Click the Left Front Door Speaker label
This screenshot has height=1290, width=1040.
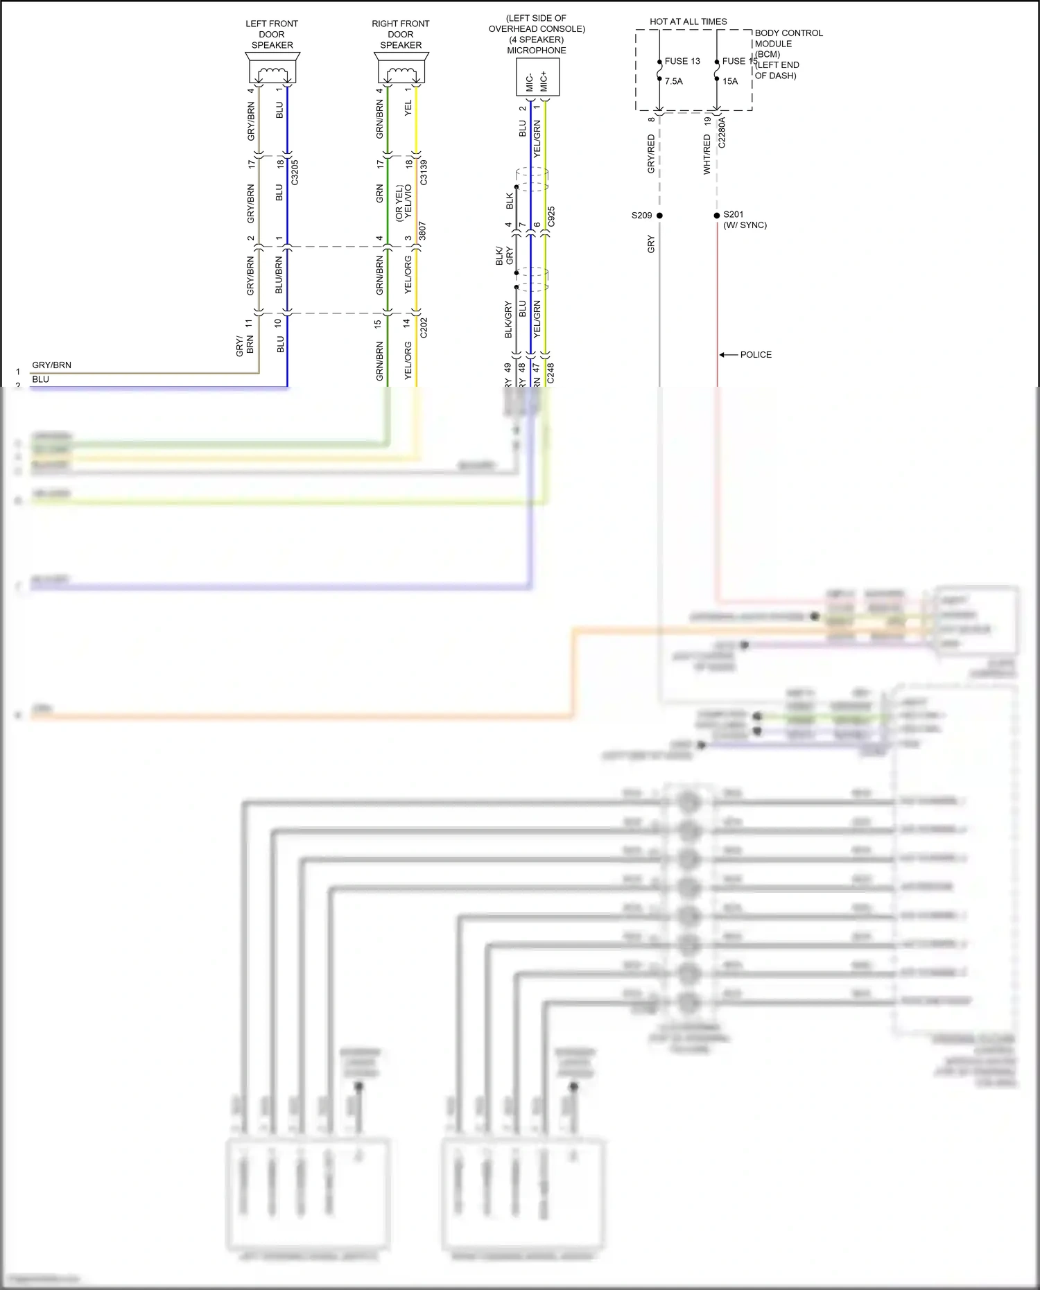272,35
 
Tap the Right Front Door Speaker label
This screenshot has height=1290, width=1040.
401,35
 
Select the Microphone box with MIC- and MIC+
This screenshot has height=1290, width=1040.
537,77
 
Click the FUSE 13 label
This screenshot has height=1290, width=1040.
682,61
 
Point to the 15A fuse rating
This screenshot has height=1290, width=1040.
730,81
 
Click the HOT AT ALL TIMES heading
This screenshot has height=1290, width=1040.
688,21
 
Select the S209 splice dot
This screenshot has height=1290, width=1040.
659,216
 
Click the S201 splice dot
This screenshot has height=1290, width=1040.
717,216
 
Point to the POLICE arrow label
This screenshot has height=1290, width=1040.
755,355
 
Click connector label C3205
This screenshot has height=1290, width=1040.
295,172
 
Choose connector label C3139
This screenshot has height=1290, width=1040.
424,172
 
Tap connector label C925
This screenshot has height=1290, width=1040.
551,216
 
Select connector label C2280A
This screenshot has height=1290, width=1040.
722,132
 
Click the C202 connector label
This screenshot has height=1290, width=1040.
424,328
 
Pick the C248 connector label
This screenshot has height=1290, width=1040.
551,373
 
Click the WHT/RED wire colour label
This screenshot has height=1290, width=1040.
707,155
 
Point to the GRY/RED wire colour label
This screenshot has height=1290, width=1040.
650,154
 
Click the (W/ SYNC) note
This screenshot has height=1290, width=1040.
745,225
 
